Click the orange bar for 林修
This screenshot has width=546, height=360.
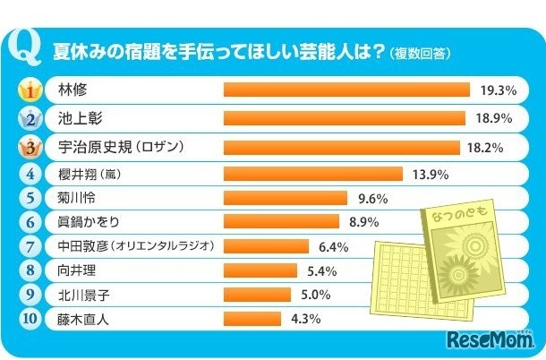pyautogui.click(x=346, y=90)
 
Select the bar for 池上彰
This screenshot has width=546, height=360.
pyautogui.click(x=343, y=118)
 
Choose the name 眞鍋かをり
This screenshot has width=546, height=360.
pyautogui.click(x=89, y=221)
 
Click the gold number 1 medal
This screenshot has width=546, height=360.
pyautogui.click(x=31, y=90)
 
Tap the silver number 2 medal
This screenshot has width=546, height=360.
pyautogui.click(x=31, y=118)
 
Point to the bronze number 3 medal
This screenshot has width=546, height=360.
pyautogui.click(x=31, y=147)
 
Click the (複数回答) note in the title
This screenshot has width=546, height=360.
pyautogui.click(x=420, y=53)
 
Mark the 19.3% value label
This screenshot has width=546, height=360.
pyautogui.click(x=499, y=90)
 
